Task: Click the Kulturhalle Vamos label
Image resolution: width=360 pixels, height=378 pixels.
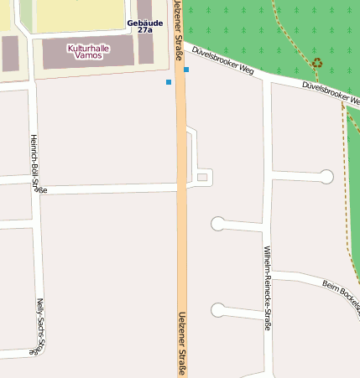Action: click(88, 52)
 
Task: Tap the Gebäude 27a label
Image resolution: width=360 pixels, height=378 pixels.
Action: click(145, 26)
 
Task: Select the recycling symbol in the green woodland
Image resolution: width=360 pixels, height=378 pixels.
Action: click(316, 63)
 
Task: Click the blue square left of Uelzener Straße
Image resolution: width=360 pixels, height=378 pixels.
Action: click(169, 82)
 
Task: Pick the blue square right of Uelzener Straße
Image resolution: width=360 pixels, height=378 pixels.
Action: click(186, 70)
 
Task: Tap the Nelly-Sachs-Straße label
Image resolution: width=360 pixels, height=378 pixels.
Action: click(39, 327)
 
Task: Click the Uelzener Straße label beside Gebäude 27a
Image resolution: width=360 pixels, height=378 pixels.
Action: click(179, 32)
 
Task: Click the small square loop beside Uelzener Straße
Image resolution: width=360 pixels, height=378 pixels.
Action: click(201, 177)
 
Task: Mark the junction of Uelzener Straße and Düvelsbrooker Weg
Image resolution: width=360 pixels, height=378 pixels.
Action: click(182, 42)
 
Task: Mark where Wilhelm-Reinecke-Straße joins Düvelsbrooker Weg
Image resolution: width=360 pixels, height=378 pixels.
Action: click(267, 80)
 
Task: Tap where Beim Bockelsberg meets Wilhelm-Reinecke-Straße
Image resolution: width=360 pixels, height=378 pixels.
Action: click(268, 273)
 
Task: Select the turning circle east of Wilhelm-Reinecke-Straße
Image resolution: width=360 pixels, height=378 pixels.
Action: click(326, 176)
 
